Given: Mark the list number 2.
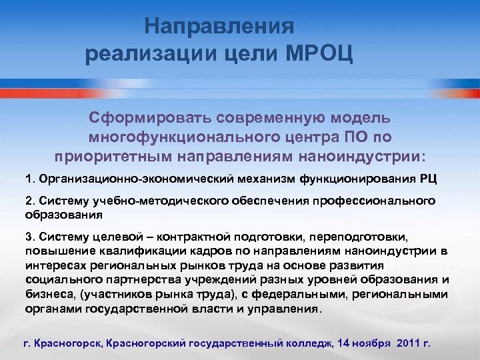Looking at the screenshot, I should (x=28, y=201).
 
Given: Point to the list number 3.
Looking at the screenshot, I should (x=28, y=237).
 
